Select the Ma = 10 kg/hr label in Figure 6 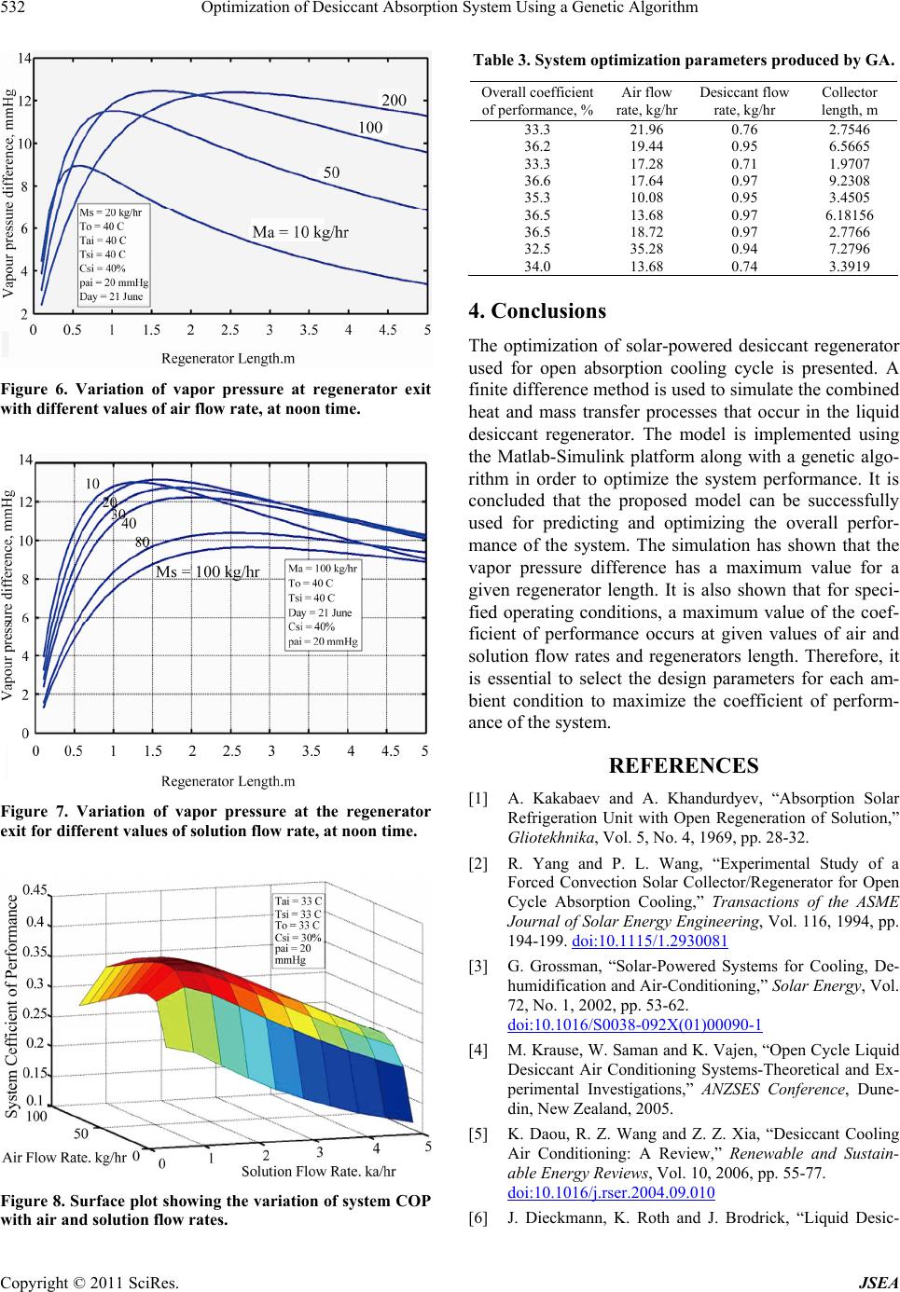click(x=300, y=232)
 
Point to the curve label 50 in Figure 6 click(x=331, y=172)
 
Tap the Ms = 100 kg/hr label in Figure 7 click(x=207, y=570)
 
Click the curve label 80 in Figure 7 click(x=143, y=542)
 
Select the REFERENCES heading click(x=683, y=766)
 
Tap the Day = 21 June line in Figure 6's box click(x=112, y=296)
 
